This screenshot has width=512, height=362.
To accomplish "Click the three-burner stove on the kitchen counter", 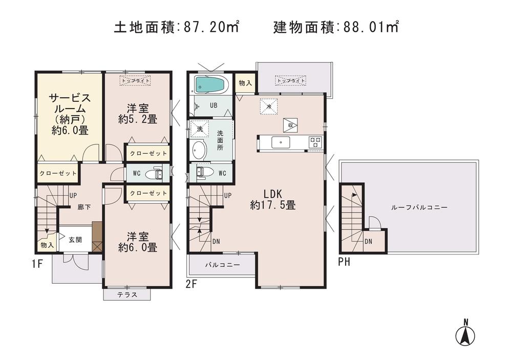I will (314, 142).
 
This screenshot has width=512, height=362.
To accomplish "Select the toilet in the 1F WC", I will (153, 174).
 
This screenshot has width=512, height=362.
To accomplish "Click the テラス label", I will (126, 295).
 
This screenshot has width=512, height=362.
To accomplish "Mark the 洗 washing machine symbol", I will (198, 129).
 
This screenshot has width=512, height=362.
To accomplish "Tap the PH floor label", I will (344, 263).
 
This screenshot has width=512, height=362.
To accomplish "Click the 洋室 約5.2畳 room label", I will (137, 113).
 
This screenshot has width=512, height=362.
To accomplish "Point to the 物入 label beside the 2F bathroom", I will (245, 83).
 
